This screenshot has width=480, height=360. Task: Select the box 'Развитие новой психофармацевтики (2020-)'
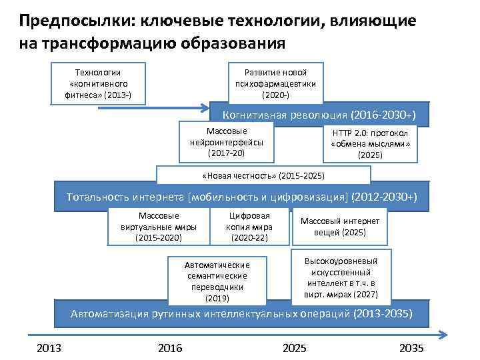tap(275, 83)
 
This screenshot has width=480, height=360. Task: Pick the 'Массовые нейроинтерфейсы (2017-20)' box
tap(227, 143)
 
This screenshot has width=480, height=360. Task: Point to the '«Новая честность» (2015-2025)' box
tap(263, 175)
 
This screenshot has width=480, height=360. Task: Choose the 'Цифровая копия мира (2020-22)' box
tap(249, 227)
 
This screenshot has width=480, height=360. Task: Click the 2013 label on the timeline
tap(49, 349)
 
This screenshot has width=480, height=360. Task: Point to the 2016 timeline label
tap(170, 349)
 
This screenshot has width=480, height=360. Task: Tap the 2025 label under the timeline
tap(295, 349)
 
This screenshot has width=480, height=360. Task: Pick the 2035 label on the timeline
tap(411, 349)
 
